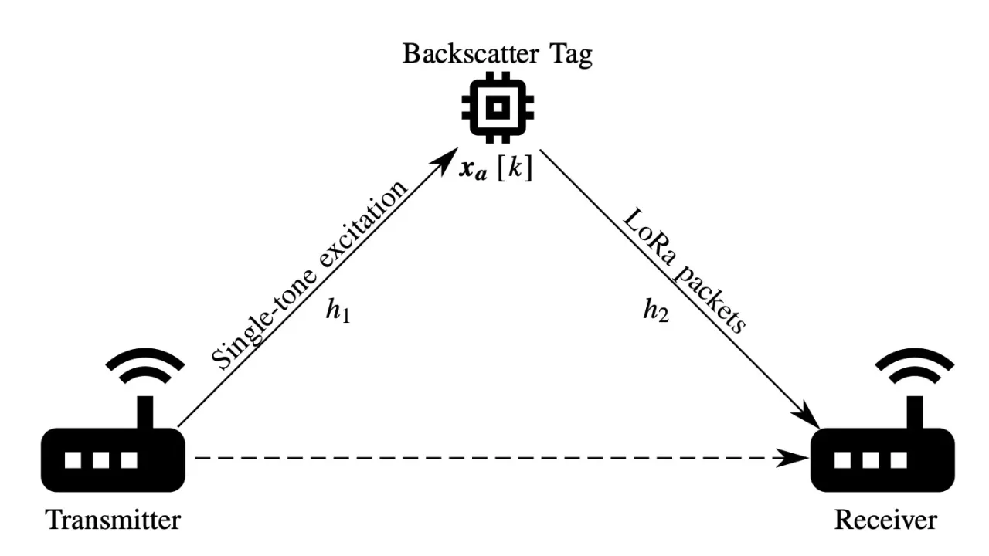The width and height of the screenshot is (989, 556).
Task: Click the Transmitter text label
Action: tap(113, 520)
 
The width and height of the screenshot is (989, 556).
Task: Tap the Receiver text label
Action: tap(885, 520)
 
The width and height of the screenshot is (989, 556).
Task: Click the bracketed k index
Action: tap(515, 169)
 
